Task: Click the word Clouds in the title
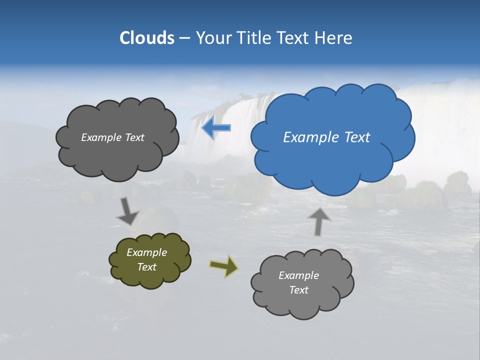pos(147,38)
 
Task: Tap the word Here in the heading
pos(333,38)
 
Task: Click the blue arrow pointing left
pos(216,128)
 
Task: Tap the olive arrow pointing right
pos(223,265)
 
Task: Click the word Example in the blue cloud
pos(308,137)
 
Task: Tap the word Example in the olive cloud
pos(147,252)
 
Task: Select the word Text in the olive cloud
pos(147,267)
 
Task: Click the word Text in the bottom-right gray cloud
pos(299,290)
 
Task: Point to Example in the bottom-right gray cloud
pos(299,275)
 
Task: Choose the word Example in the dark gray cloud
pos(100,137)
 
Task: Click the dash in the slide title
pos(184,38)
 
